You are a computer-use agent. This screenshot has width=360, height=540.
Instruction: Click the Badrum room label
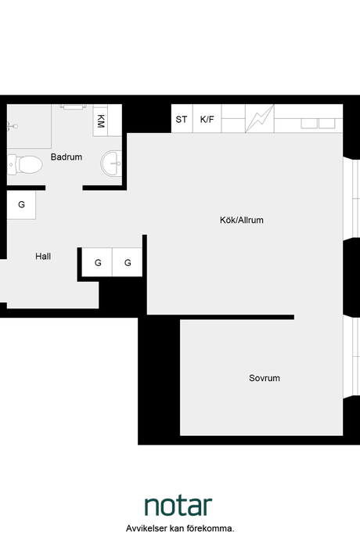tap(67, 157)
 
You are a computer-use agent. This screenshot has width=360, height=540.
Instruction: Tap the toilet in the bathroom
tap(25, 164)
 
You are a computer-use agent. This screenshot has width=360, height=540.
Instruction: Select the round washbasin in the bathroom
tap(111, 164)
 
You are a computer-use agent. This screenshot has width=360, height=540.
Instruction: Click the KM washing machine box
tap(100, 121)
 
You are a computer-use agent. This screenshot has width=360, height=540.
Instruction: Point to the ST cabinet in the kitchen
tap(182, 119)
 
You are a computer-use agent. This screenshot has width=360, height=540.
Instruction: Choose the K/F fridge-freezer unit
tap(207, 119)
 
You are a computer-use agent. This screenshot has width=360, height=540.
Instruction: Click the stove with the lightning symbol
tap(260, 118)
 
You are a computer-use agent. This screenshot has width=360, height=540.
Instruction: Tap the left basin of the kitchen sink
tap(309, 124)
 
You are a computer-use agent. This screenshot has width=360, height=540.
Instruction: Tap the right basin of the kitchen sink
tap(326, 124)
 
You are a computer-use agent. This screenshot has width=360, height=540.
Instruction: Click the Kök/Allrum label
tap(242, 220)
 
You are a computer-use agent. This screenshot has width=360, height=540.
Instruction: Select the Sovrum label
tap(265, 378)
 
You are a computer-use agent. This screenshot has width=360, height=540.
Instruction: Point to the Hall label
tap(43, 256)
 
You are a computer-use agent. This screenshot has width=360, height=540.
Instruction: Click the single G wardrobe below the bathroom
tap(21, 204)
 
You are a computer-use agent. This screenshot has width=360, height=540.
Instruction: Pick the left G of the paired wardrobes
tap(98, 262)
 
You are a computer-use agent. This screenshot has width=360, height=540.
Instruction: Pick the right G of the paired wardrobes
tap(128, 262)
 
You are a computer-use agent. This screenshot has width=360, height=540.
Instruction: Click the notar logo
tap(178, 506)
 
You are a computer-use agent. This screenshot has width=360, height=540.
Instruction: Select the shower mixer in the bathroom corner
tap(12, 126)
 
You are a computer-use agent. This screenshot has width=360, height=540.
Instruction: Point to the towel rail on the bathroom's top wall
tap(73, 106)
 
